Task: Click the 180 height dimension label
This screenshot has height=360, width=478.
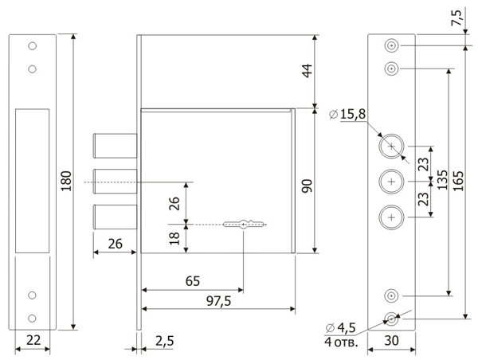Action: pyautogui.click(x=66, y=181)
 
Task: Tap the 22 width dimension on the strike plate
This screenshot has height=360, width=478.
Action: pyautogui.click(x=33, y=340)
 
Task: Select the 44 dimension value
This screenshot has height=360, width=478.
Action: pyautogui.click(x=308, y=71)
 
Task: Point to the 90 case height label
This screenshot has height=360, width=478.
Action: pyautogui.click(x=308, y=186)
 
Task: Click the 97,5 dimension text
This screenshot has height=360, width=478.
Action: pyautogui.click(x=218, y=302)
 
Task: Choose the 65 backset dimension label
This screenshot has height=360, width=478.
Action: pyautogui.click(x=193, y=281)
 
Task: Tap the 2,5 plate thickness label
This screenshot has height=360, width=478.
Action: pyautogui.click(x=165, y=341)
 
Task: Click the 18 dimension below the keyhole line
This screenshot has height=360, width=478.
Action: pyautogui.click(x=175, y=239)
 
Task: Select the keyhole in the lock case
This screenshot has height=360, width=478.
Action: pyautogui.click(x=243, y=225)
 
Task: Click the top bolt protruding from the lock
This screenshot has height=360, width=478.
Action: pyautogui.click(x=115, y=146)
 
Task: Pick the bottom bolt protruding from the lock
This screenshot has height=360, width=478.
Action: pyautogui.click(x=115, y=217)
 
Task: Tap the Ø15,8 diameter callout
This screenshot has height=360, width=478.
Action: pyautogui.click(x=347, y=115)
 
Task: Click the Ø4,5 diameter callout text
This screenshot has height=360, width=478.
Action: pyautogui.click(x=341, y=328)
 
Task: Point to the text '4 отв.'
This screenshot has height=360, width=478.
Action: pyautogui.click(x=341, y=342)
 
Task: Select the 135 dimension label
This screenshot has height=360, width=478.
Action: pyautogui.click(x=442, y=180)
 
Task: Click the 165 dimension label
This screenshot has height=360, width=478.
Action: pyautogui.click(x=458, y=181)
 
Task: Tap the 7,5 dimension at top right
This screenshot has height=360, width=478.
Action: pyautogui.click(x=457, y=18)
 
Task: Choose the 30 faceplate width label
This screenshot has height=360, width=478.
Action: pyautogui.click(x=391, y=341)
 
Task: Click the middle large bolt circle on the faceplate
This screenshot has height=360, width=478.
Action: pyautogui.click(x=391, y=182)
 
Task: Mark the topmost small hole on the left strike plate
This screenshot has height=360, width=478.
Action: pyautogui.click(x=33, y=46)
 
